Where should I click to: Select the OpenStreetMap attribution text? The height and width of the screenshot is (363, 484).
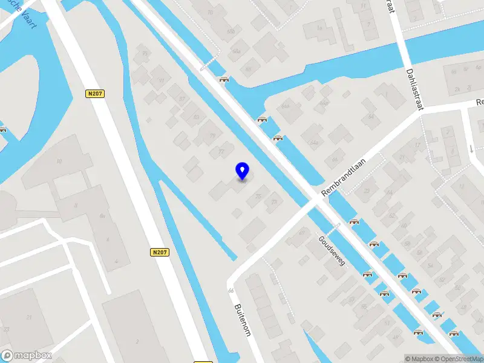[461, 359]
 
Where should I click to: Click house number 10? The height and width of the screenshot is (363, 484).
[59, 161]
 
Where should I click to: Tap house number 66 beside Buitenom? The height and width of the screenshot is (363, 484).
[231, 291]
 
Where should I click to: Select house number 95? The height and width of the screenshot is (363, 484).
[145, 53]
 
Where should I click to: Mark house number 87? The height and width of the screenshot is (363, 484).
[181, 99]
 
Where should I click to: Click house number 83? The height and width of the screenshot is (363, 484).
[196, 117]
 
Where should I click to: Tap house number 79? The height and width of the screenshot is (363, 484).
[212, 136]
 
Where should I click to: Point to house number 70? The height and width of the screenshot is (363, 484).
[210, 12]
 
